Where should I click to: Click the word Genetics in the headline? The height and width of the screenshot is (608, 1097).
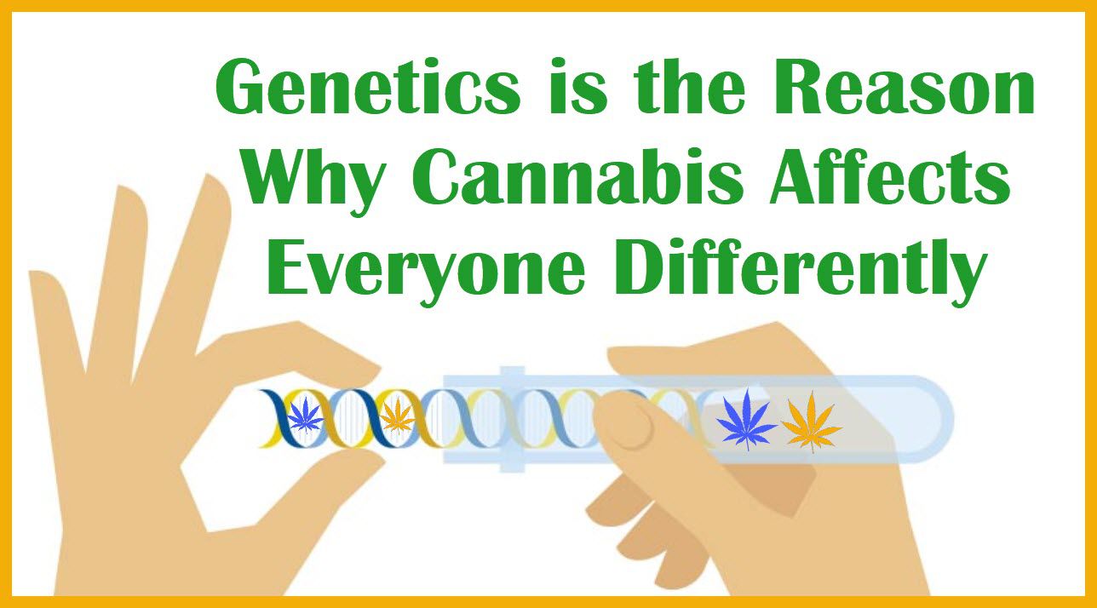pyautogui.click(x=368, y=87)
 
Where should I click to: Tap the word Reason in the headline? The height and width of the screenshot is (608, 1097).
pyautogui.click(x=904, y=87)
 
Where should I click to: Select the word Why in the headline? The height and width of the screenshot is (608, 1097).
pyautogui.click(x=313, y=180)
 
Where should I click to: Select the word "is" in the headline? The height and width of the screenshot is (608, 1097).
pyautogui.click(x=578, y=87)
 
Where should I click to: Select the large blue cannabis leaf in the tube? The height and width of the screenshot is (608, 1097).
pyautogui.click(x=746, y=419)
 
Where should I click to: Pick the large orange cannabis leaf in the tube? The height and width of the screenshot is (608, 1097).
pyautogui.click(x=812, y=421)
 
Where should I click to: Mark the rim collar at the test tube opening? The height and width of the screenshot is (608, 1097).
pyautogui.click(x=512, y=419)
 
